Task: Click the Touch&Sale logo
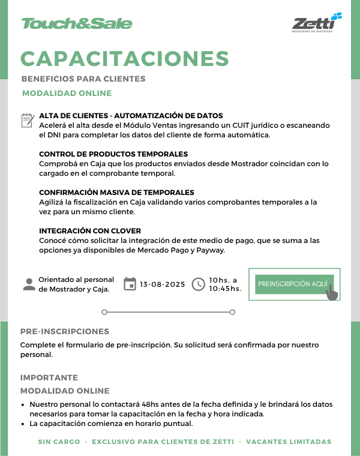(76, 23)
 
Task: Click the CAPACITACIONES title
(125, 58)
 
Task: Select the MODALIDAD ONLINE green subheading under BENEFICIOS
(67, 93)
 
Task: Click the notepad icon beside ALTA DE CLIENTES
(27, 121)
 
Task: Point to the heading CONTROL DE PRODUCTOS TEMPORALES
(113, 154)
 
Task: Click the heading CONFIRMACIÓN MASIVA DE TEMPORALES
(116, 193)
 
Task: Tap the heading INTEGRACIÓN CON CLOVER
(90, 231)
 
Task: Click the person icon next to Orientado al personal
(29, 284)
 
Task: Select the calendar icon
(130, 284)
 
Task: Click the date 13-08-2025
(163, 284)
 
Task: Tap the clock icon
(198, 284)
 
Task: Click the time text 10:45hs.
(225, 289)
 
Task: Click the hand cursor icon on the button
(331, 292)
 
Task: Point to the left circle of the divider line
(104, 312)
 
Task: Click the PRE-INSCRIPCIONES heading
(65, 331)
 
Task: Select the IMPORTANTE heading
(49, 377)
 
